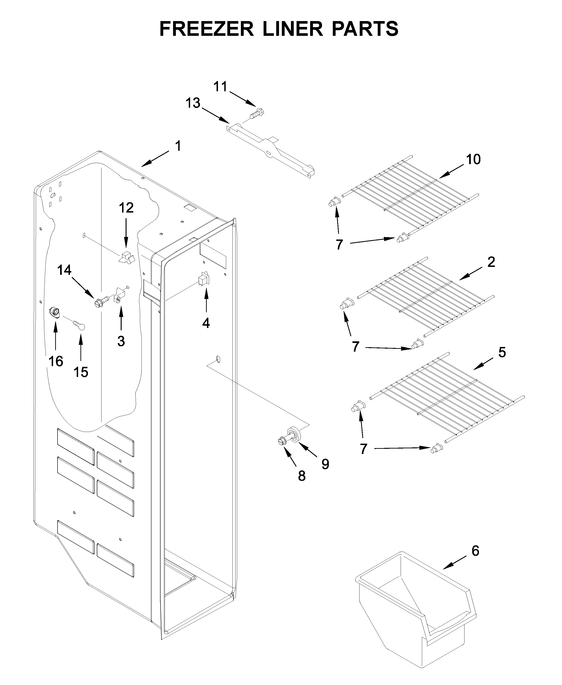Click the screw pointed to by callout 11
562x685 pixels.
(256, 114)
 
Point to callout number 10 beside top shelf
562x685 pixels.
(473, 159)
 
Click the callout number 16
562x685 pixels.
(56, 361)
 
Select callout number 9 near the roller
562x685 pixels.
(325, 464)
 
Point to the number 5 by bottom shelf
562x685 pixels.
(502, 353)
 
